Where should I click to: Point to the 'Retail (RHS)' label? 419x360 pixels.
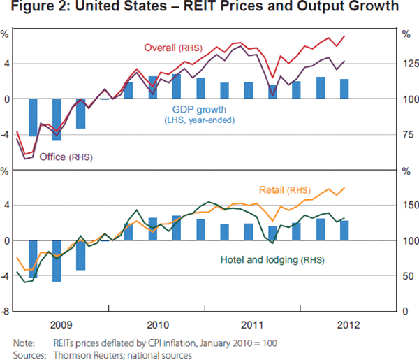click(285, 190)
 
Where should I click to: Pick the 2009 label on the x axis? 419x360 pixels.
click(61, 325)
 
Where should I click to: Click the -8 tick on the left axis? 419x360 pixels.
click(6, 312)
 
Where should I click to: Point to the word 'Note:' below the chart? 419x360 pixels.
click(24, 343)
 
